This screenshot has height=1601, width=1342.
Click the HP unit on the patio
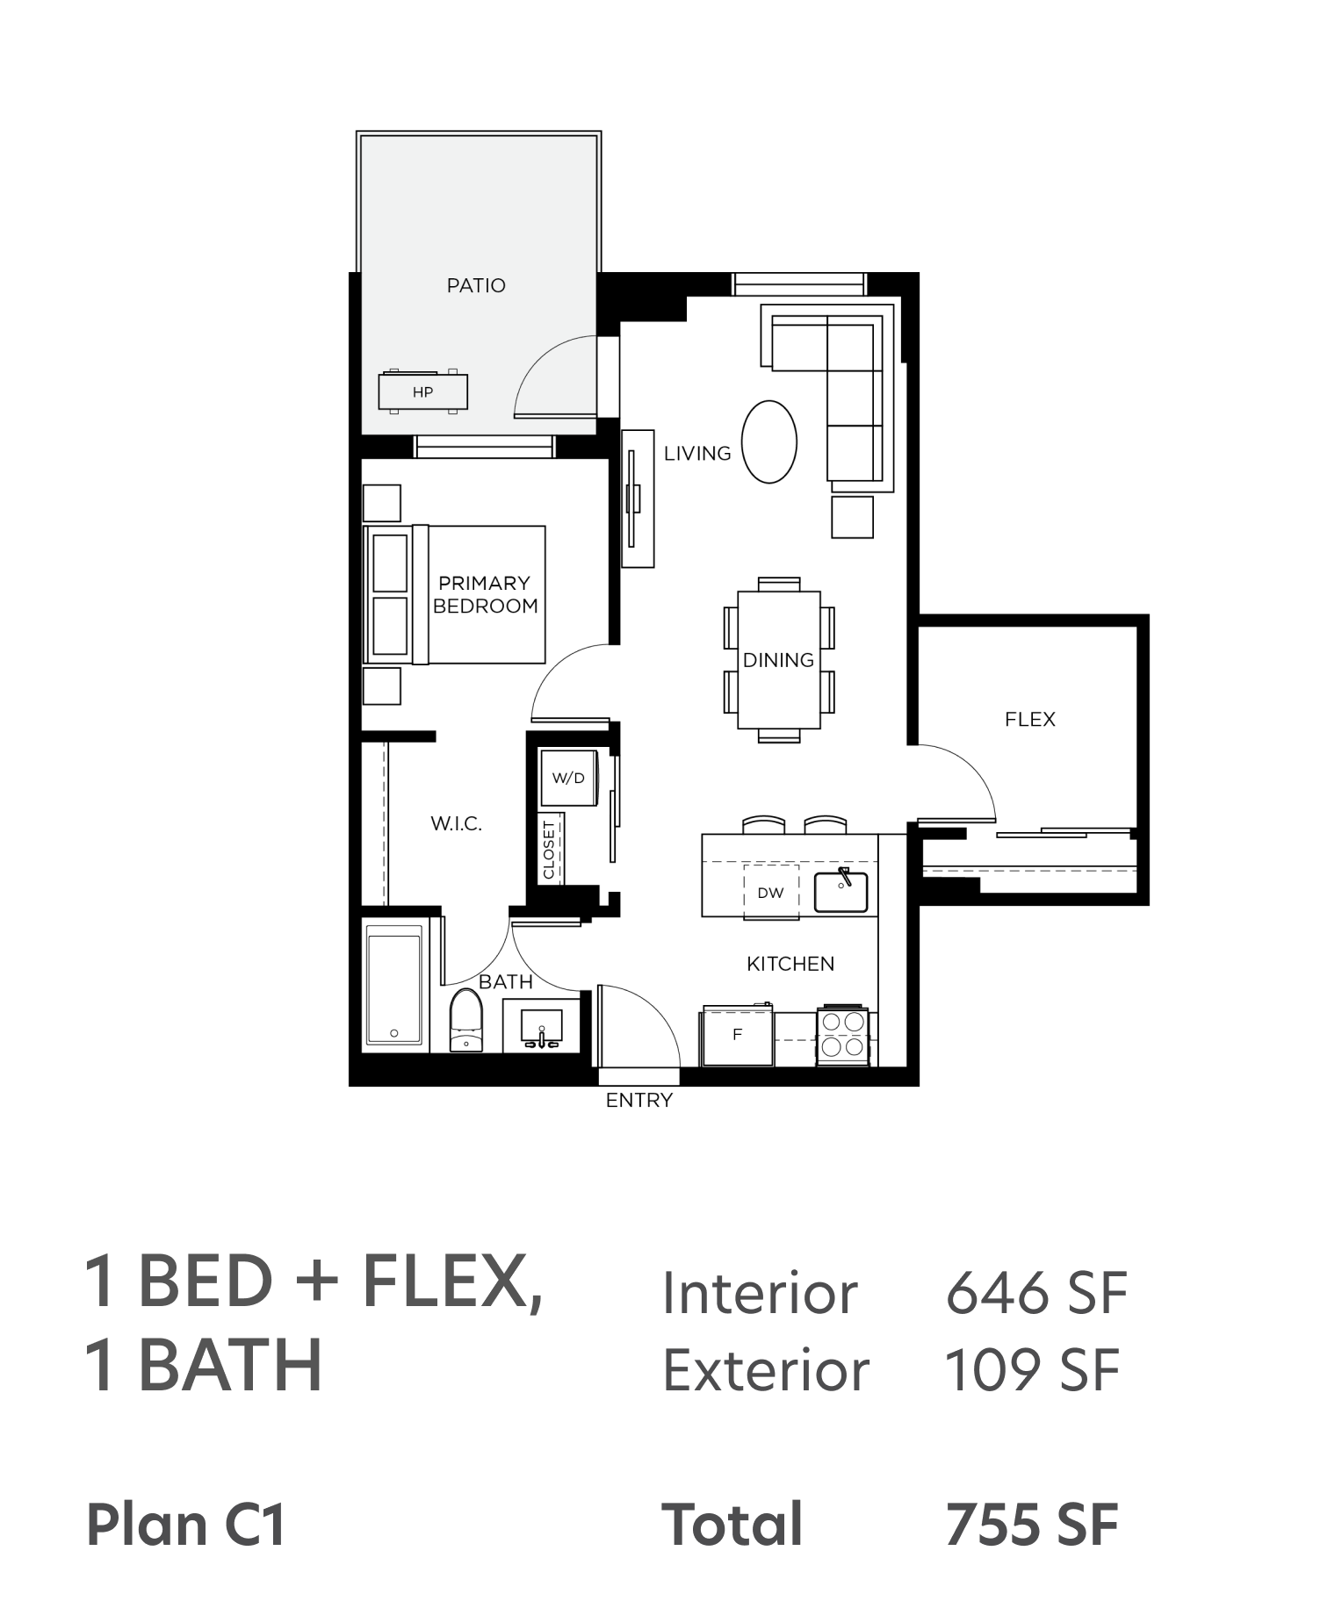pos(422,391)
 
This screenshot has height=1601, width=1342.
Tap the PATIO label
pos(476,285)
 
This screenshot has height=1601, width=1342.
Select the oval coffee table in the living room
pos(769,442)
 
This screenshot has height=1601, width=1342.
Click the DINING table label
pos(778,660)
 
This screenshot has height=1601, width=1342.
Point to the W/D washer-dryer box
pos(568,778)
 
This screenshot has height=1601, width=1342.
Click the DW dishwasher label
pos(770,894)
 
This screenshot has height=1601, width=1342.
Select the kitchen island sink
pos(841,891)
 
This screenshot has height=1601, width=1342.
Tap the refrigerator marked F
pos(737,1036)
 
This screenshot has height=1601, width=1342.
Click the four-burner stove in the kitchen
pos(843,1036)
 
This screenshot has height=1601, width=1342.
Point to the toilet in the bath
pos(465,1020)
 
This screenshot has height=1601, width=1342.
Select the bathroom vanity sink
pos(541,1026)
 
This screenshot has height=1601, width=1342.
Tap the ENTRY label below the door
pos(639,1100)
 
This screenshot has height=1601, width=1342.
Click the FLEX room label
pos(1030,720)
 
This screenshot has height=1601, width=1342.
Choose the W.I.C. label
pos(456,823)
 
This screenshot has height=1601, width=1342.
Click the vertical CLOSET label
pos(550,850)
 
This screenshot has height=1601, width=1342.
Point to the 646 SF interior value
pos(1036,1293)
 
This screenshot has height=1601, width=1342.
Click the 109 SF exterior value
pos(1032,1370)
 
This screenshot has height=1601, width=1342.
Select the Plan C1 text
pos(186,1525)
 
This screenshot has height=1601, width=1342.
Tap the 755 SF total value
pos(1032,1525)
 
